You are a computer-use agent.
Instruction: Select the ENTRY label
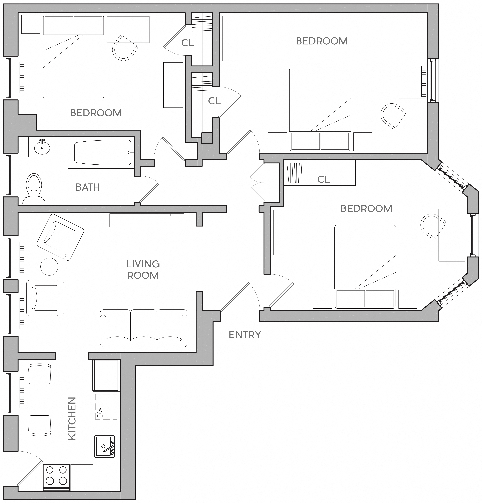click(245, 335)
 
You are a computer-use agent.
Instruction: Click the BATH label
click(88, 187)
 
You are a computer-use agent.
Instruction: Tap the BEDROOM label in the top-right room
click(322, 41)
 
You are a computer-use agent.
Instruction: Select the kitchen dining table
click(41, 400)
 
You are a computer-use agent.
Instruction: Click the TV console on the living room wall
click(147, 220)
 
